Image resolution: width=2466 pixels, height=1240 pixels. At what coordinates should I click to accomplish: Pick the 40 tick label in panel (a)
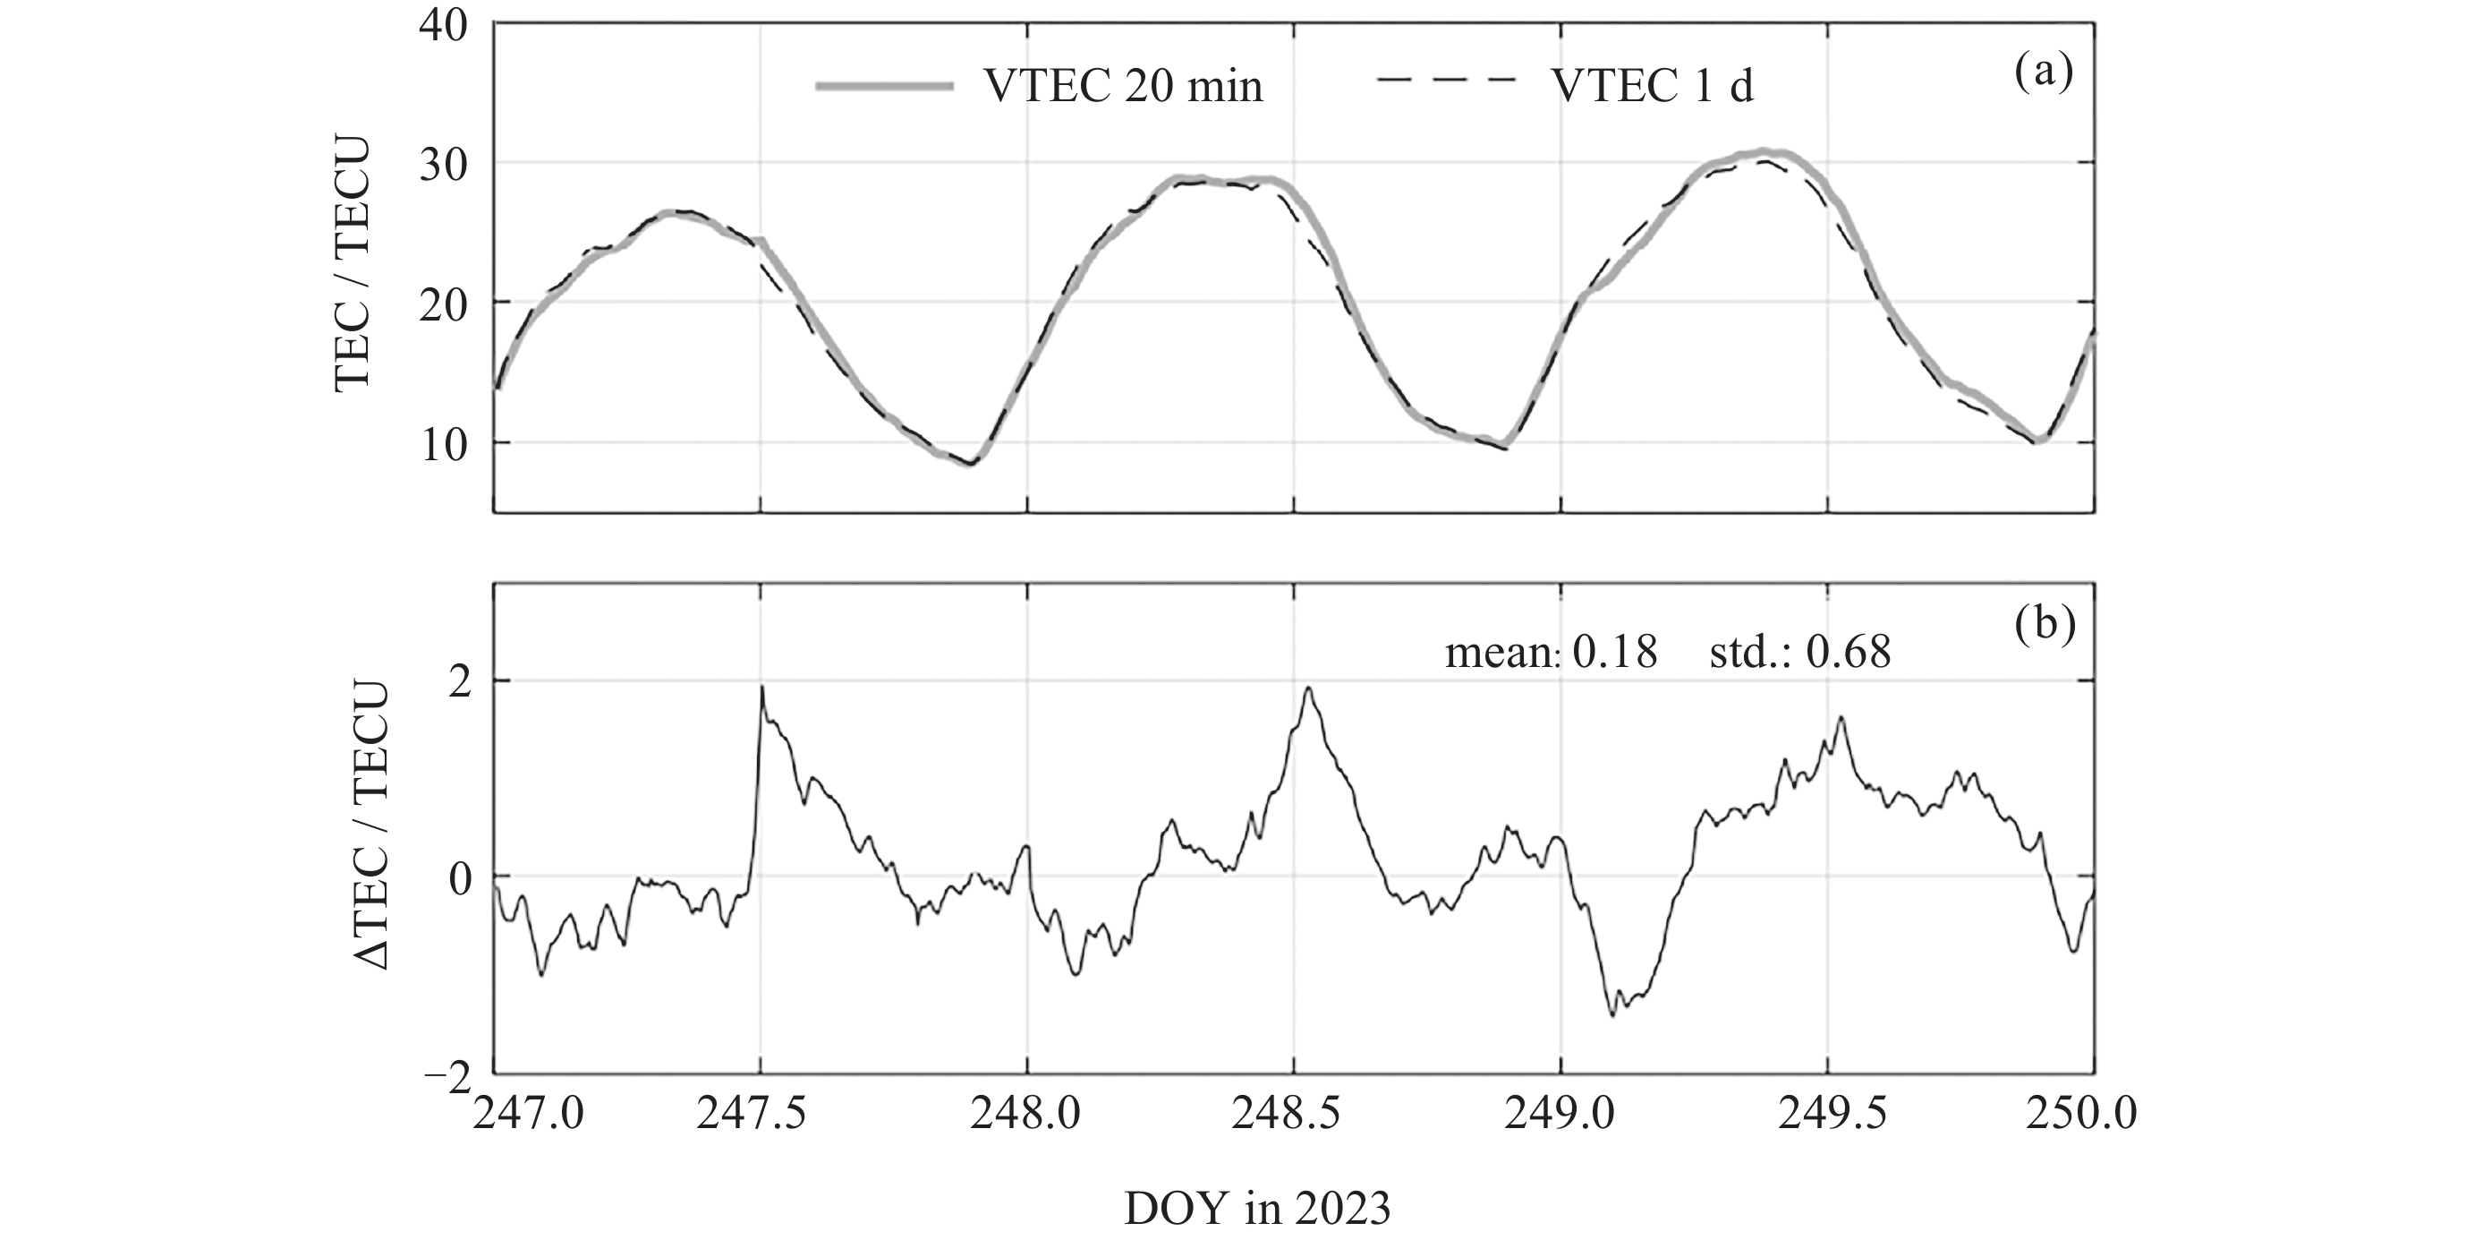click(443, 26)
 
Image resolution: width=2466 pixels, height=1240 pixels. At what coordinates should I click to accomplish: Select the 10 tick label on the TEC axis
click(443, 444)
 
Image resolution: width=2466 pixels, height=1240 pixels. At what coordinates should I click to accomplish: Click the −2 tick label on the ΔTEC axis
click(447, 1077)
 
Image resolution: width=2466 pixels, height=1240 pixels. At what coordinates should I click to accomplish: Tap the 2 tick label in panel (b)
click(460, 681)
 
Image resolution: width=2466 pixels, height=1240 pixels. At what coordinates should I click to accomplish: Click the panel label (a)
click(2044, 73)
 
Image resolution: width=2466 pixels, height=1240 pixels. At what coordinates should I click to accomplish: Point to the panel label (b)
click(2045, 624)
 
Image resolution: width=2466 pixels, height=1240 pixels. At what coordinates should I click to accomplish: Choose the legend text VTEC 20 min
click(1123, 87)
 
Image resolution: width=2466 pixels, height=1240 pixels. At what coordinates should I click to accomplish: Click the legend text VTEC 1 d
click(1653, 87)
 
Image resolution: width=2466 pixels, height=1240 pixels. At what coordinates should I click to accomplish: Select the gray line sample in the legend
click(885, 86)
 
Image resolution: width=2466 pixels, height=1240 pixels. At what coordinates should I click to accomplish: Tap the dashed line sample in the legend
click(1446, 81)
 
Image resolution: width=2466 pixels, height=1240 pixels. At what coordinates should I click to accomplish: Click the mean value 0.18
click(1615, 653)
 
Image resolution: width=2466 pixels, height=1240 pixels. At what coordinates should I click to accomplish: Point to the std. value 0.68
click(1849, 653)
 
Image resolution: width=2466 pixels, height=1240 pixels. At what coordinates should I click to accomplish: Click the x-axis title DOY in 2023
click(1257, 1210)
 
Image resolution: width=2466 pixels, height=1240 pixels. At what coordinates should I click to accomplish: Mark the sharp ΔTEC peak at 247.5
click(762, 688)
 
